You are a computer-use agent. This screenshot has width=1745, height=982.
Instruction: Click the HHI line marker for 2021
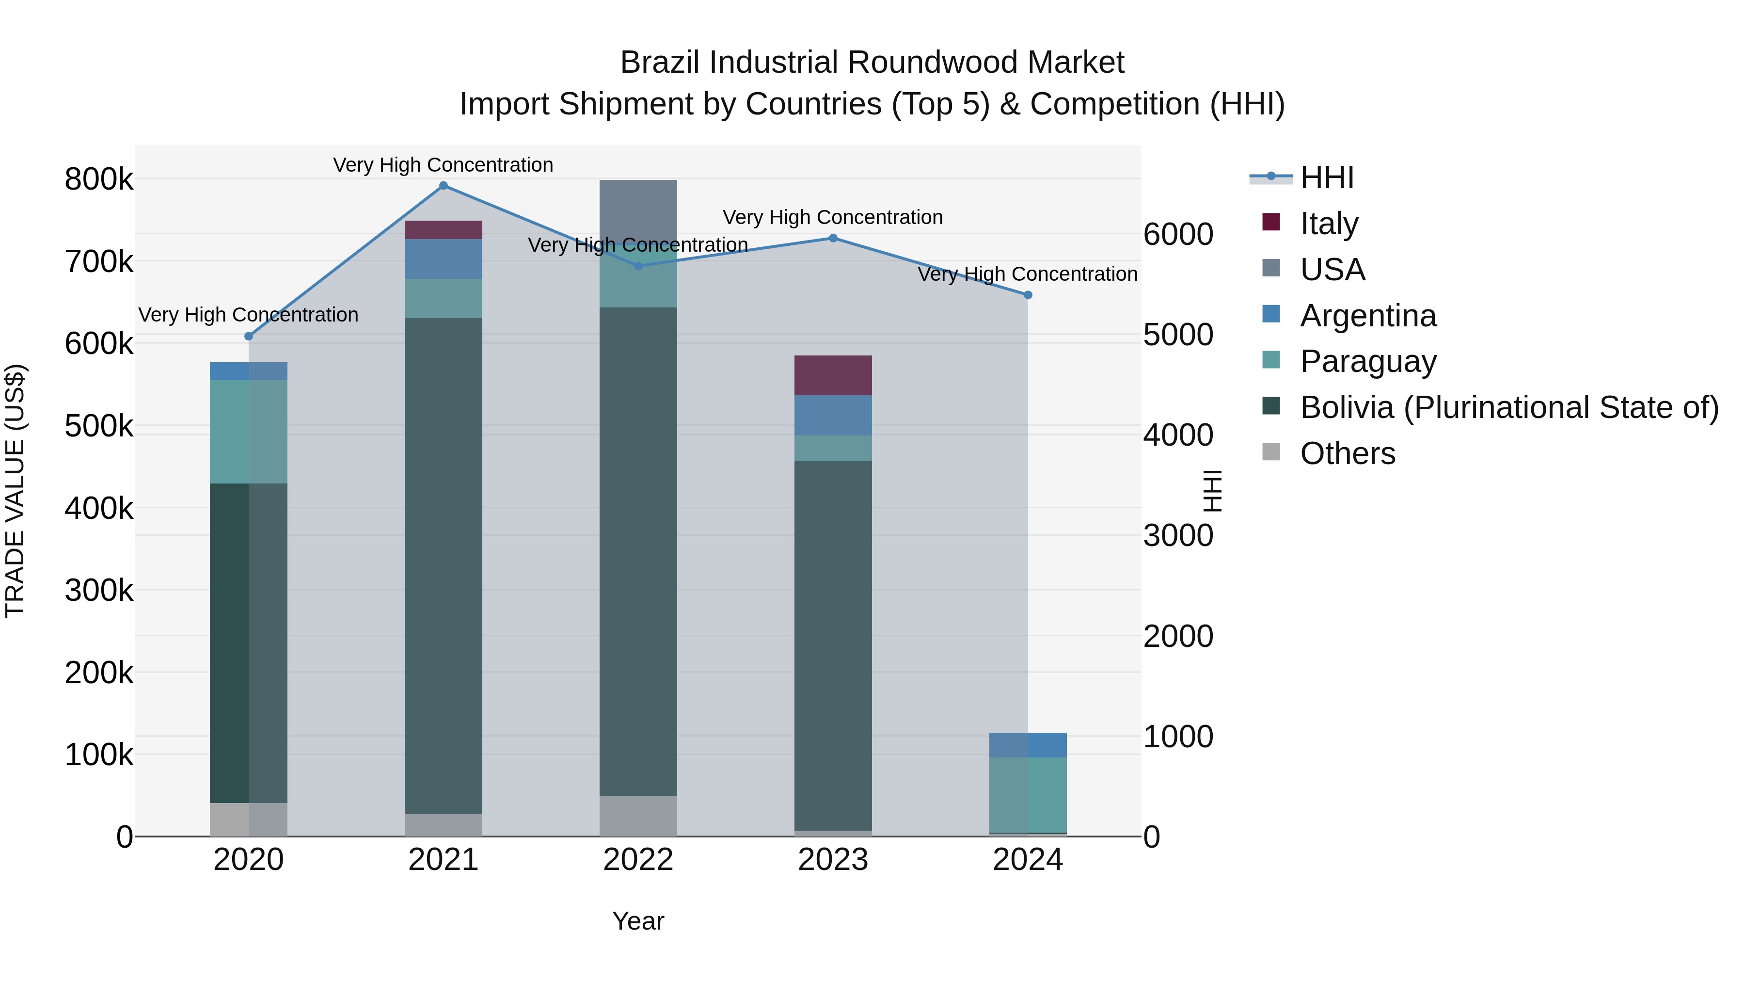[443, 186]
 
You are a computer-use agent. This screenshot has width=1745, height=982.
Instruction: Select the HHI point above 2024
[1028, 295]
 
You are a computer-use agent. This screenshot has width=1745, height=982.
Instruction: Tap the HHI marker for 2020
[249, 336]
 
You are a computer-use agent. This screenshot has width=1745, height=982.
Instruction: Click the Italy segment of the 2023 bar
[833, 375]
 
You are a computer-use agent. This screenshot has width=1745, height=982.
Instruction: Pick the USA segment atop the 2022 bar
[638, 210]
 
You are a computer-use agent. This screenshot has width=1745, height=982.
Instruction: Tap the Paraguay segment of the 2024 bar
[1028, 794]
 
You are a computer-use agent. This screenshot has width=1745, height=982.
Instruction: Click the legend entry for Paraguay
[1368, 361]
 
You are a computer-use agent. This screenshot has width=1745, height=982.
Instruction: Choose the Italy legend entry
[1329, 224]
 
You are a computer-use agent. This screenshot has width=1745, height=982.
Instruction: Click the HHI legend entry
[1326, 177]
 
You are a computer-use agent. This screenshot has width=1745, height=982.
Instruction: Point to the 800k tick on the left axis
[99, 179]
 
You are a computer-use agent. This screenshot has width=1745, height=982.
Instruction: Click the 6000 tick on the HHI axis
[1178, 235]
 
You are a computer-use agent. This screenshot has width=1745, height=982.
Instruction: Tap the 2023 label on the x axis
[833, 860]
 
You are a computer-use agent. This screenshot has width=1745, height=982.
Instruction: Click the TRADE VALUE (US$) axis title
[15, 491]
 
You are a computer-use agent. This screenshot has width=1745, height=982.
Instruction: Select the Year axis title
[638, 921]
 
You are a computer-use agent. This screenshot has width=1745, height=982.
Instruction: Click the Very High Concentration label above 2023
[833, 218]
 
